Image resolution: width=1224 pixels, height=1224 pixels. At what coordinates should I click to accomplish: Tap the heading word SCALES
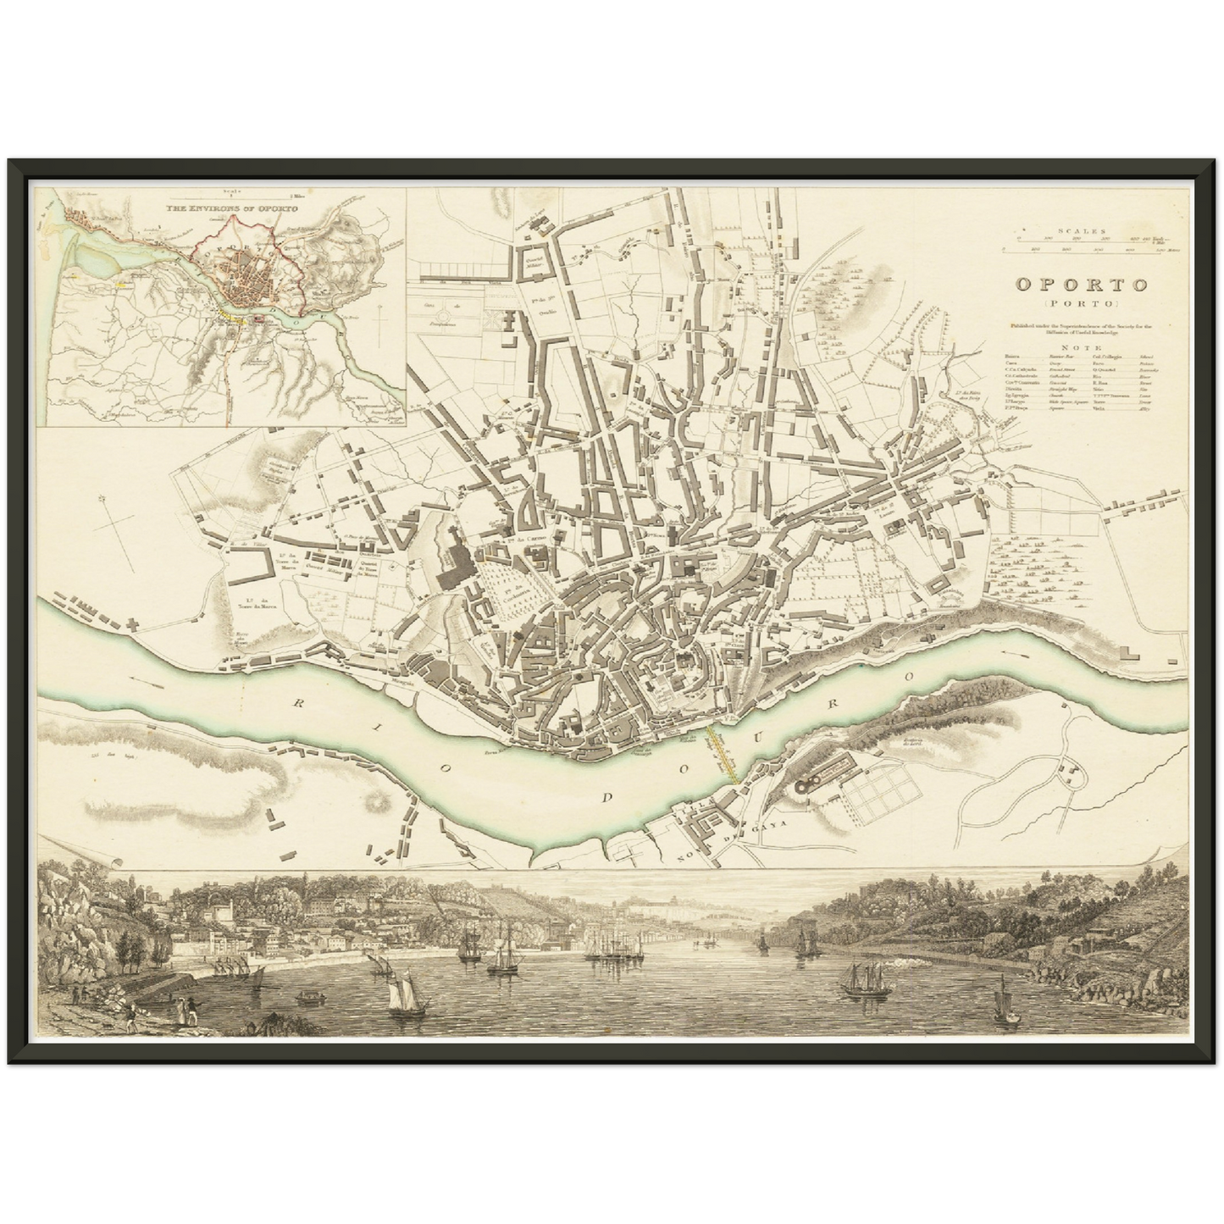pos(1080,230)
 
